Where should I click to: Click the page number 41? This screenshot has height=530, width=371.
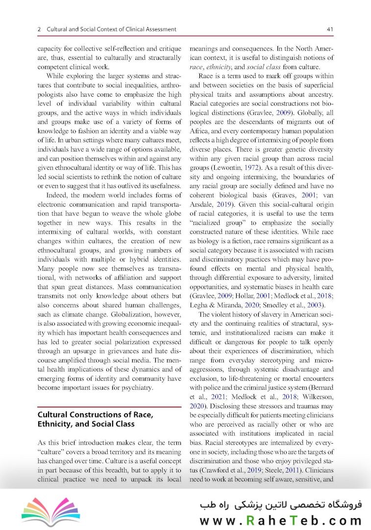(330, 30)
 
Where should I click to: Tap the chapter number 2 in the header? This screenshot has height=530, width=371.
(39, 30)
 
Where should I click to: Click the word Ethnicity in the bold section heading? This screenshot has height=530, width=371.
(55, 424)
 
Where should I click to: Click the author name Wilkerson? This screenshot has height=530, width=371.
(317, 397)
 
